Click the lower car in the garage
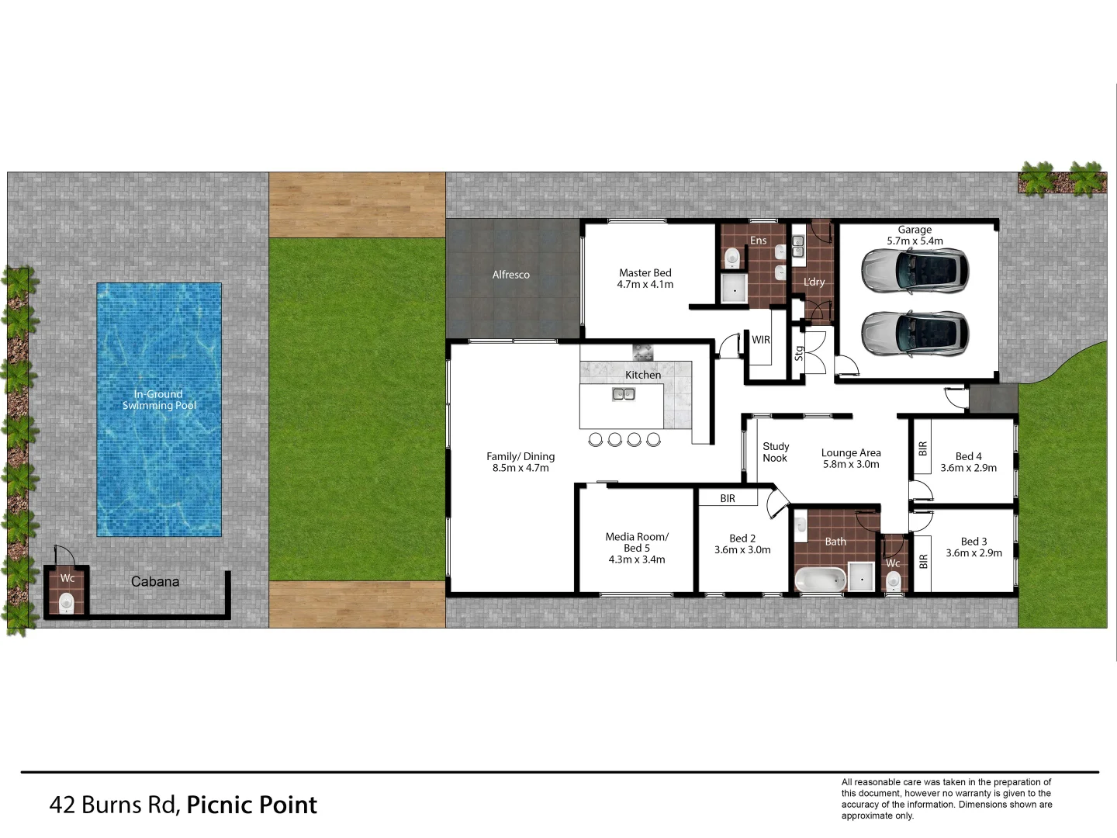click(x=915, y=333)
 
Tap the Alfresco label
click(x=510, y=275)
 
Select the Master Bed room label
click(x=645, y=273)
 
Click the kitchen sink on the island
click(x=624, y=394)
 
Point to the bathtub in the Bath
click(x=820, y=579)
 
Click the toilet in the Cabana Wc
click(x=67, y=602)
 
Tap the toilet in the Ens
click(x=731, y=258)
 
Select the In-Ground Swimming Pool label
click(x=159, y=400)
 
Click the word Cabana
click(x=155, y=581)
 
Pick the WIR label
click(x=761, y=340)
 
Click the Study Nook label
click(x=776, y=452)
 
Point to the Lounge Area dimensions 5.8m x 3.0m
click(x=851, y=464)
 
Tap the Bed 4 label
click(x=968, y=456)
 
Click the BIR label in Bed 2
click(x=728, y=498)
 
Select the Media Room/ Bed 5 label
click(x=636, y=542)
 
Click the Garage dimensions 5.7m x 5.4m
click(x=915, y=241)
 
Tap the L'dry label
click(x=814, y=282)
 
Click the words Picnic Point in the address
click(x=252, y=805)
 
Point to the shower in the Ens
click(x=732, y=289)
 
